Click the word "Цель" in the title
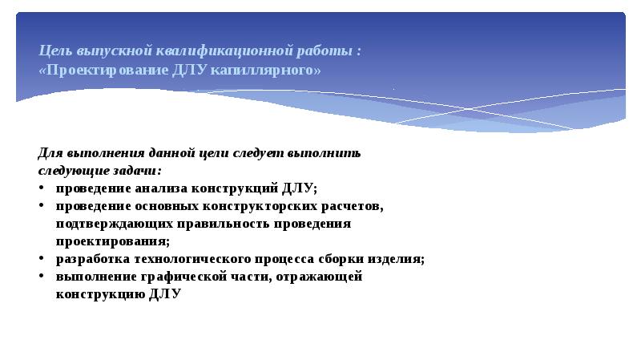point(55,51)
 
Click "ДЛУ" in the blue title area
point(189,70)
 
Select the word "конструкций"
point(235,188)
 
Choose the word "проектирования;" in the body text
point(113,241)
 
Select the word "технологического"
point(192,259)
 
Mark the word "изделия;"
point(396,259)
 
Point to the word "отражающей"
point(319,277)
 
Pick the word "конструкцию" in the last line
point(101,294)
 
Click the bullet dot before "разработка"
point(42,257)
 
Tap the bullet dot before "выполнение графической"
point(42,275)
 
